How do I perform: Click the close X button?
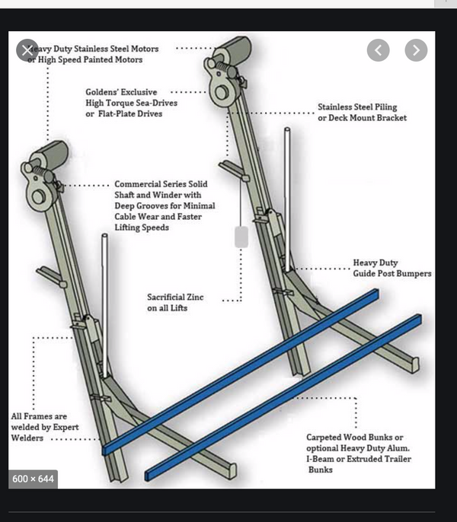pos(28,50)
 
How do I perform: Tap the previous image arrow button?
pos(378,50)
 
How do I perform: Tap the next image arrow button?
pos(415,50)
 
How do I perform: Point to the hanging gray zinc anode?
pos(241,237)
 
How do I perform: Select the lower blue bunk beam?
pos(282,403)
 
